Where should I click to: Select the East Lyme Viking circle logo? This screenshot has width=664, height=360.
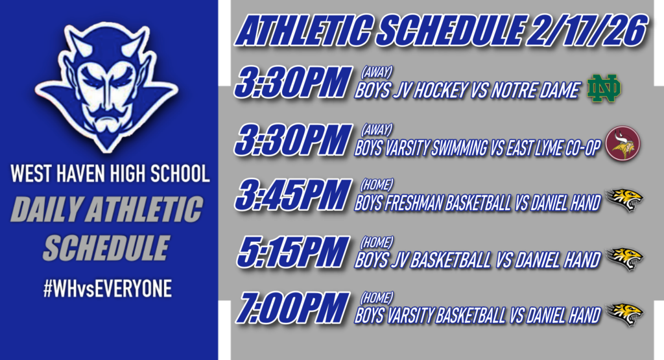(622, 145)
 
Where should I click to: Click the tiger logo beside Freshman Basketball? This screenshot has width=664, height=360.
(624, 199)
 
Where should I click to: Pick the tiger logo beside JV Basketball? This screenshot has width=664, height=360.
(624, 258)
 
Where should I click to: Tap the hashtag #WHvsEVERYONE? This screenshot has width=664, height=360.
(107, 290)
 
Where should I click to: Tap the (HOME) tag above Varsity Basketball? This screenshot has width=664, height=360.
(376, 298)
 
